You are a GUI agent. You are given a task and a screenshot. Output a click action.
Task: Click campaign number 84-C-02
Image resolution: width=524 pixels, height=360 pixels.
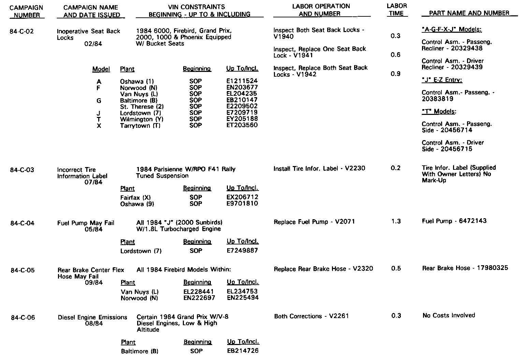[x=22, y=32]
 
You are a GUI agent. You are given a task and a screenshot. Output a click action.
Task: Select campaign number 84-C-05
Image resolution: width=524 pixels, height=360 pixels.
[x=23, y=270]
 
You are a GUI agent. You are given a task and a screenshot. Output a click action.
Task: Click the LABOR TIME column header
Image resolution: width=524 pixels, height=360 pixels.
[x=396, y=10]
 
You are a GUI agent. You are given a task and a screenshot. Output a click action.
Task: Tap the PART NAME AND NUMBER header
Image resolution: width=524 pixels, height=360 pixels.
[x=469, y=13]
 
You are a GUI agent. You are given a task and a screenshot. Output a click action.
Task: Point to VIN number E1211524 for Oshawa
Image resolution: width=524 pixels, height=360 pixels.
[x=242, y=81]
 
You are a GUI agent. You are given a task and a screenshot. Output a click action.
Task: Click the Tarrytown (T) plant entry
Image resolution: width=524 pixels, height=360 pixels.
[x=140, y=125]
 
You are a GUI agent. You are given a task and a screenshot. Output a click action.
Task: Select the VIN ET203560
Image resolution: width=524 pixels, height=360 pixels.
[x=242, y=125]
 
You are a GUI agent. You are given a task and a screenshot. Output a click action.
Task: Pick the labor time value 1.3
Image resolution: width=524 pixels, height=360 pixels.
[x=396, y=222]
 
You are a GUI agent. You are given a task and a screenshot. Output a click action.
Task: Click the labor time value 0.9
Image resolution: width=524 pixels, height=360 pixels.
[x=395, y=74]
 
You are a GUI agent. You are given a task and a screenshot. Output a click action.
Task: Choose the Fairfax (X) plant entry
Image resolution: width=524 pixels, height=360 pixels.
[x=135, y=197]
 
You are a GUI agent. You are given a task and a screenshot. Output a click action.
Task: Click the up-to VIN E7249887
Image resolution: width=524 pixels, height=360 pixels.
[x=242, y=251]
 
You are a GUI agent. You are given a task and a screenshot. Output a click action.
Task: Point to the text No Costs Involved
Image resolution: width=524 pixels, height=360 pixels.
[x=449, y=315]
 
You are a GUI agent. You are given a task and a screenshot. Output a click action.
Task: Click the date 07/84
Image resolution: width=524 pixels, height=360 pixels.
[x=93, y=182]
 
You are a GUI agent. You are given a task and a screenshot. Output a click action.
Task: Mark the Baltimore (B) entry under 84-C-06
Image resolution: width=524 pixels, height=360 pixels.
[x=140, y=351]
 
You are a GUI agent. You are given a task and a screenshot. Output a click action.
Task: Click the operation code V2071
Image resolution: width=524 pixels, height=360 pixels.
[x=345, y=222]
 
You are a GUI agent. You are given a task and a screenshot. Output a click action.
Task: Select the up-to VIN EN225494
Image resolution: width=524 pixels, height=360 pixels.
[x=243, y=298]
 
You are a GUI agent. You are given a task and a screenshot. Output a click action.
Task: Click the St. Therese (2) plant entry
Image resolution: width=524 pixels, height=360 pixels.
[x=142, y=107]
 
